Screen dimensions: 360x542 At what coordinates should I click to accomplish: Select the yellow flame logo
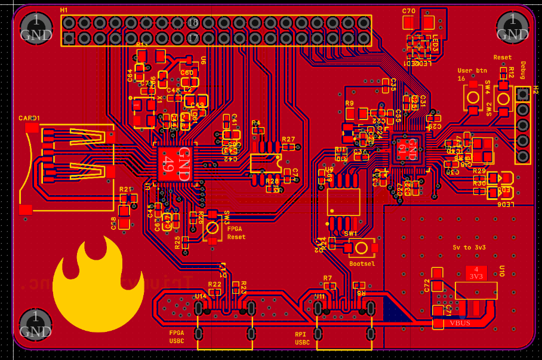(x=97, y=284)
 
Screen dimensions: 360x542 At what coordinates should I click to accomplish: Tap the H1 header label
(x=64, y=11)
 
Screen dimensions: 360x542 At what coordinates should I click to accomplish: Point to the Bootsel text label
(x=362, y=263)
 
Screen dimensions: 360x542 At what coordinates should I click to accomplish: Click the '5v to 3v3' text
(x=469, y=247)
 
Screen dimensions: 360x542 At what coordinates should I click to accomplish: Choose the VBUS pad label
(x=460, y=323)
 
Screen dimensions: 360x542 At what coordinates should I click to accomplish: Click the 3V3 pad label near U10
(x=476, y=277)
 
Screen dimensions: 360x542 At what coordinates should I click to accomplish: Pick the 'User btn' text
(x=472, y=70)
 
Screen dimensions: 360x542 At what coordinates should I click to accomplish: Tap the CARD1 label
(x=30, y=118)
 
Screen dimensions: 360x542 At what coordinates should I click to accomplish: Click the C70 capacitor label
(x=409, y=11)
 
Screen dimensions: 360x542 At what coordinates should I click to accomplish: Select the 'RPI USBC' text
(x=303, y=339)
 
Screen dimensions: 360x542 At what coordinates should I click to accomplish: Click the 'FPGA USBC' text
(x=177, y=337)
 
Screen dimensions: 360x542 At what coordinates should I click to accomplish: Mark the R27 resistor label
(x=288, y=139)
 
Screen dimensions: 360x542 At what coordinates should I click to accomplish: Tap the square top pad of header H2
(x=523, y=94)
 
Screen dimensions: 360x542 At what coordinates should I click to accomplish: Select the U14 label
(x=201, y=296)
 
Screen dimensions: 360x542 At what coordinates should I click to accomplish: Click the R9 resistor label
(x=350, y=103)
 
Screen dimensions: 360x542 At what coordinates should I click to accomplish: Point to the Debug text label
(x=523, y=70)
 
